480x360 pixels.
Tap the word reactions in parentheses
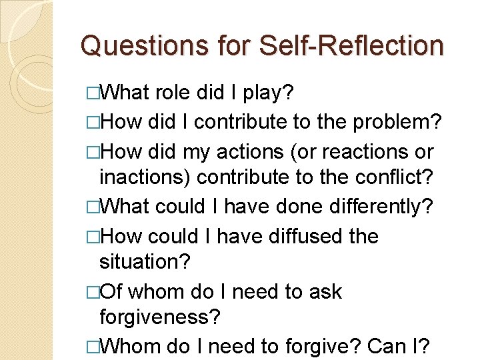coord(365,151)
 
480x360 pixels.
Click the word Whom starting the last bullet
coord(133,347)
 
